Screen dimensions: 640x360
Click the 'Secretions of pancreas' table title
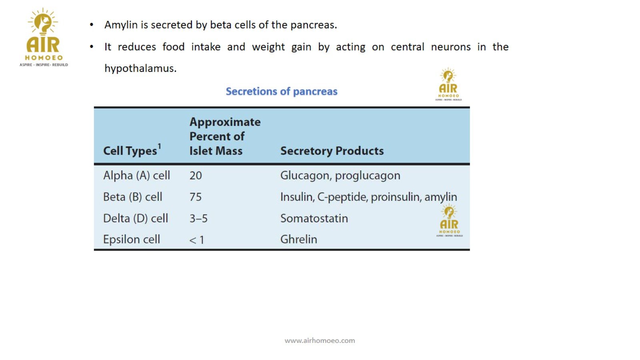pyautogui.click(x=282, y=92)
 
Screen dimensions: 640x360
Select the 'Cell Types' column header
pyautogui.click(x=130, y=151)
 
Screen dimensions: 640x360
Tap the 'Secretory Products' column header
pyautogui.click(x=332, y=151)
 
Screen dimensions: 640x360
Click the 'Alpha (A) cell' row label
pyautogui.click(x=136, y=176)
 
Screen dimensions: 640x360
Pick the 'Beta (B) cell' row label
pyautogui.click(x=132, y=197)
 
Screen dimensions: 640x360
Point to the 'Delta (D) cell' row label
pyautogui.click(x=136, y=218)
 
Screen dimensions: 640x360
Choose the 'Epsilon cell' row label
pyautogui.click(x=132, y=240)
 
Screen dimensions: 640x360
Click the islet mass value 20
pyautogui.click(x=196, y=176)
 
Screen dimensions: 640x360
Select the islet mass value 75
pyautogui.click(x=196, y=197)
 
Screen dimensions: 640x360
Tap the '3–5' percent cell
pyautogui.click(x=198, y=218)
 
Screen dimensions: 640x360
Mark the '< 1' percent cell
pyautogui.click(x=196, y=240)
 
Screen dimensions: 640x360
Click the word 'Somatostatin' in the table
pyautogui.click(x=314, y=218)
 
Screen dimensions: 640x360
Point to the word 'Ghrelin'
pyautogui.click(x=299, y=240)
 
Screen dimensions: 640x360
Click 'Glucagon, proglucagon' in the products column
pyautogui.click(x=340, y=176)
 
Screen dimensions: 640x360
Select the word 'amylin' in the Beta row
pyautogui.click(x=441, y=197)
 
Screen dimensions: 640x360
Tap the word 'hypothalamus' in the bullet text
pyautogui.click(x=140, y=68)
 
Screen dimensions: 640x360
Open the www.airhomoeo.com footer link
pyautogui.click(x=320, y=340)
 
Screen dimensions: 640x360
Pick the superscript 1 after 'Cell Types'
pyautogui.click(x=160, y=146)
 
